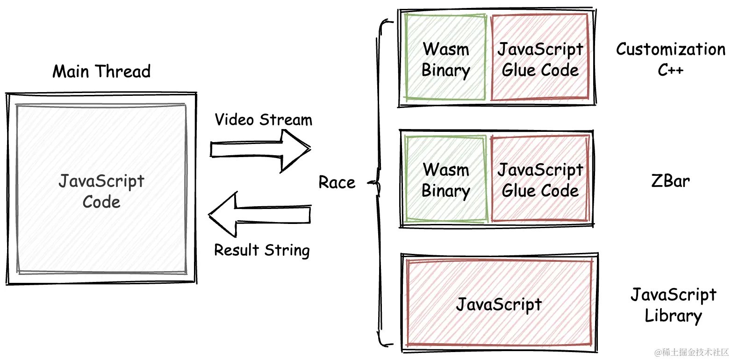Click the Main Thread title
point(101,72)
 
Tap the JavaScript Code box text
point(101,191)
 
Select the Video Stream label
point(263,120)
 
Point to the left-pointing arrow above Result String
point(259,215)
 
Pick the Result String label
point(262,250)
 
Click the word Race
point(337,182)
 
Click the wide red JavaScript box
point(499,304)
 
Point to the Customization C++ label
point(670,59)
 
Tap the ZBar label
point(670,181)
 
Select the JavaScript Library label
point(673,305)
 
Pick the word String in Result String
point(287,250)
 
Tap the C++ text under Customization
point(671,70)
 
